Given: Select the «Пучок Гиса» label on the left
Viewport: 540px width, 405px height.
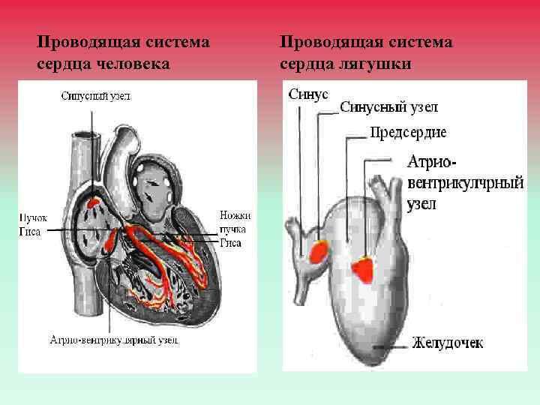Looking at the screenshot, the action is click(33, 224).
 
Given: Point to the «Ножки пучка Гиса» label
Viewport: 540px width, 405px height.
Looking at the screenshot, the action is click(235, 229).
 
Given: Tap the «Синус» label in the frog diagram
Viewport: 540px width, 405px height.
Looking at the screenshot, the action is click(308, 94).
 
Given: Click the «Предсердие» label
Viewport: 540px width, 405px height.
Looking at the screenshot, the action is click(408, 133).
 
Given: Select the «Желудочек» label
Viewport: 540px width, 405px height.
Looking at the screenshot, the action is click(447, 343).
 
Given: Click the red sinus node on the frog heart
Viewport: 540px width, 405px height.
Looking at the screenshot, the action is click(318, 250).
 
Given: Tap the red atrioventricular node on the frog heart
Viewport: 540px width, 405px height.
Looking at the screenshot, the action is click(364, 268).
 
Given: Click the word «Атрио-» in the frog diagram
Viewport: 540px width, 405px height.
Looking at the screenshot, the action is click(434, 162).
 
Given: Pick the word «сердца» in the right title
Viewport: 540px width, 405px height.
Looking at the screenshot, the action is click(306, 64).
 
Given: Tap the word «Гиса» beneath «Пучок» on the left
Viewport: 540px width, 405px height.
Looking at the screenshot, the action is click(31, 231).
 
